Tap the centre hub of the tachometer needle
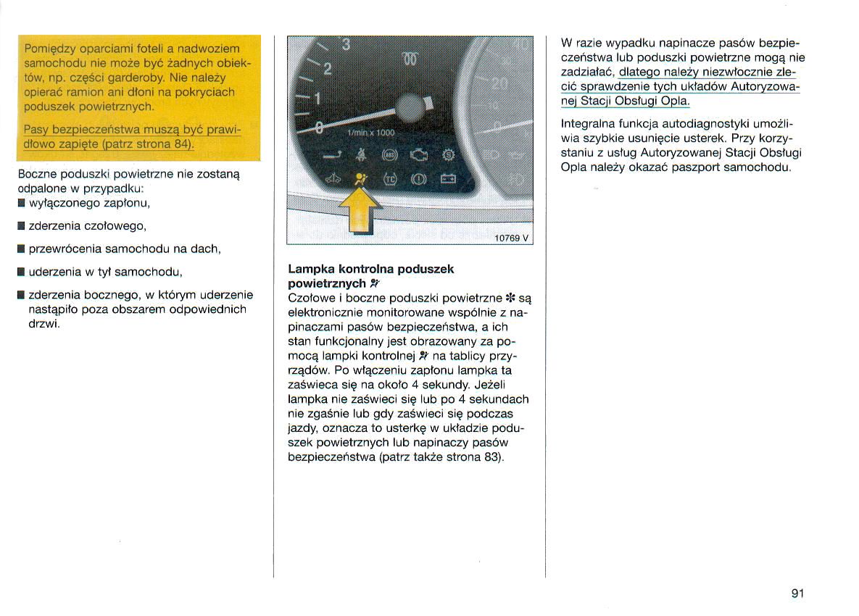(x=409, y=110)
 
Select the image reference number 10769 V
(x=512, y=238)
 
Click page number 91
(x=797, y=594)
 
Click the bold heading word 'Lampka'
(x=311, y=269)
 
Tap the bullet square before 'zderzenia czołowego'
(x=22, y=226)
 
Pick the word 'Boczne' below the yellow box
(x=38, y=175)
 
